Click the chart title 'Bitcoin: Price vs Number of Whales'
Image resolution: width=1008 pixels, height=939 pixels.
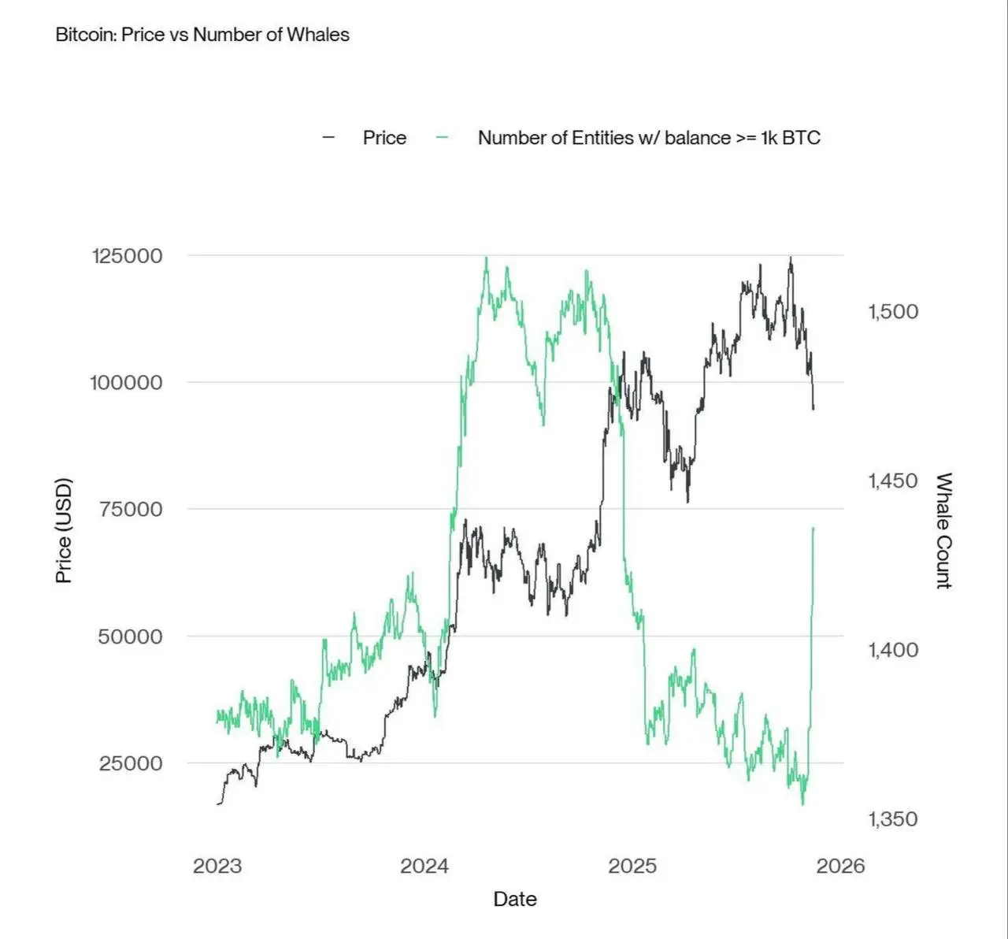(202, 35)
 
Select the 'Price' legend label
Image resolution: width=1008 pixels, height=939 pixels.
(384, 138)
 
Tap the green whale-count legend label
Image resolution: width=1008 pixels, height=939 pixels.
(649, 138)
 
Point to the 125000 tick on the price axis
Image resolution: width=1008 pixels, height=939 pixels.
(127, 256)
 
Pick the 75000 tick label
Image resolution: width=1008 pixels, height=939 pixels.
(131, 509)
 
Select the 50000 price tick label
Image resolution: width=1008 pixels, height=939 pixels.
(130, 637)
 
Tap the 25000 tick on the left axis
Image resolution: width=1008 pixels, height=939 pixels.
(131, 763)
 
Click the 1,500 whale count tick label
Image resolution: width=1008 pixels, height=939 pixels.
(893, 312)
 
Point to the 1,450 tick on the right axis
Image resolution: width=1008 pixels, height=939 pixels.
(893, 481)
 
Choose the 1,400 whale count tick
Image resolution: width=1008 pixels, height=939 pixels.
(893, 650)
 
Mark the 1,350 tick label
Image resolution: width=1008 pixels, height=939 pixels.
(893, 819)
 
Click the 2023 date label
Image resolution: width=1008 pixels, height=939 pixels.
(217, 867)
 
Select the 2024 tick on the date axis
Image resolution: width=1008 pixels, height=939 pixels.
(424, 867)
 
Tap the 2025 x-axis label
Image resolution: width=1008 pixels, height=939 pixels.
(632, 867)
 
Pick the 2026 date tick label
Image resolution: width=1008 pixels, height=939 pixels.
(840, 867)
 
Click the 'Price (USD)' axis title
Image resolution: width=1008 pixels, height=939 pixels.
(64, 530)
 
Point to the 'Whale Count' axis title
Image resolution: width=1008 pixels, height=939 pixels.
(943, 530)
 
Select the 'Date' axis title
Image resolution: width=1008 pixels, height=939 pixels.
(515, 900)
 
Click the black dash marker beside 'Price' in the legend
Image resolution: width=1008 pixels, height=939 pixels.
(329, 138)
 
